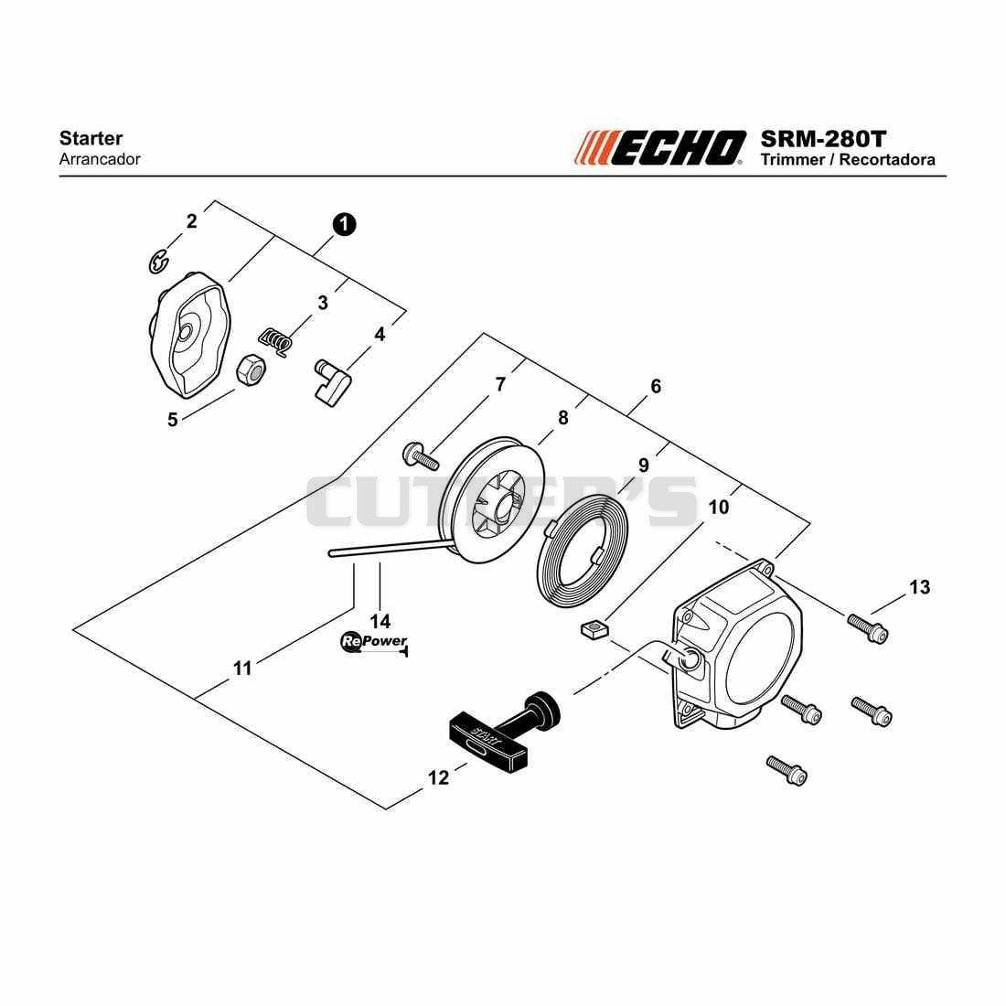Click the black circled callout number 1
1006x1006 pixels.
345,225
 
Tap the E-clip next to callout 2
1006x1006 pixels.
157,262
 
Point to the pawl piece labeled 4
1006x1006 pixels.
332,381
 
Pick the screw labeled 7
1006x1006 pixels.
421,455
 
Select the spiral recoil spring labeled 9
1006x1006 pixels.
582,557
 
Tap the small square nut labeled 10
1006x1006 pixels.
594,628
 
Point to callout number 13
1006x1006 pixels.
919,587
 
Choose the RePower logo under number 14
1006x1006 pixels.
374,642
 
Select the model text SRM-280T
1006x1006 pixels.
823,139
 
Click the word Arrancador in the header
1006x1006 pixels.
100,159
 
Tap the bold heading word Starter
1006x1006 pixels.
91,138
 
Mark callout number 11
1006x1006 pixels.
241,669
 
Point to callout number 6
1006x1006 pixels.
656,386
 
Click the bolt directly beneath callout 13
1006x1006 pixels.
867,628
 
